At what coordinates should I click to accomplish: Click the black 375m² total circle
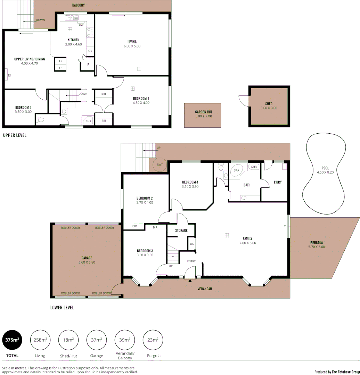(x=13, y=340)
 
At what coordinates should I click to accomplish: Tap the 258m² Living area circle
(x=40, y=340)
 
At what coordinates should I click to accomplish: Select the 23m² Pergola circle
(x=153, y=340)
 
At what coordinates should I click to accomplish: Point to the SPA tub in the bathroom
(x=237, y=171)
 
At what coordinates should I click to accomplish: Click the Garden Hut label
(x=203, y=112)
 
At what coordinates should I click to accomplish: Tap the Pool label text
(x=325, y=168)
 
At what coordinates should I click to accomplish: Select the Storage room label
(x=181, y=231)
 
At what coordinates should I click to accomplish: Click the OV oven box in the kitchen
(x=90, y=51)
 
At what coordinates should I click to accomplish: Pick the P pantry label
(x=88, y=65)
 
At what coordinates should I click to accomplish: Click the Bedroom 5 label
(x=24, y=107)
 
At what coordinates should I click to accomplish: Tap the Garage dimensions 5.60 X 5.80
(x=87, y=262)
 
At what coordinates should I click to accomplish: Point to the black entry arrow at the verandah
(x=190, y=281)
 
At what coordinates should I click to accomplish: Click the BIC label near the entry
(x=192, y=244)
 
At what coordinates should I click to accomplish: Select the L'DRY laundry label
(x=278, y=182)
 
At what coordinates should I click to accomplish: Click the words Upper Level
(x=15, y=135)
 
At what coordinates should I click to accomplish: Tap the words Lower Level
(x=62, y=308)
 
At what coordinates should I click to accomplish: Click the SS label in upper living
(x=9, y=75)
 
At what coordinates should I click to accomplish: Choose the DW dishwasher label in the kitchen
(x=81, y=25)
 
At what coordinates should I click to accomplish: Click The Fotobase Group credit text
(x=345, y=372)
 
